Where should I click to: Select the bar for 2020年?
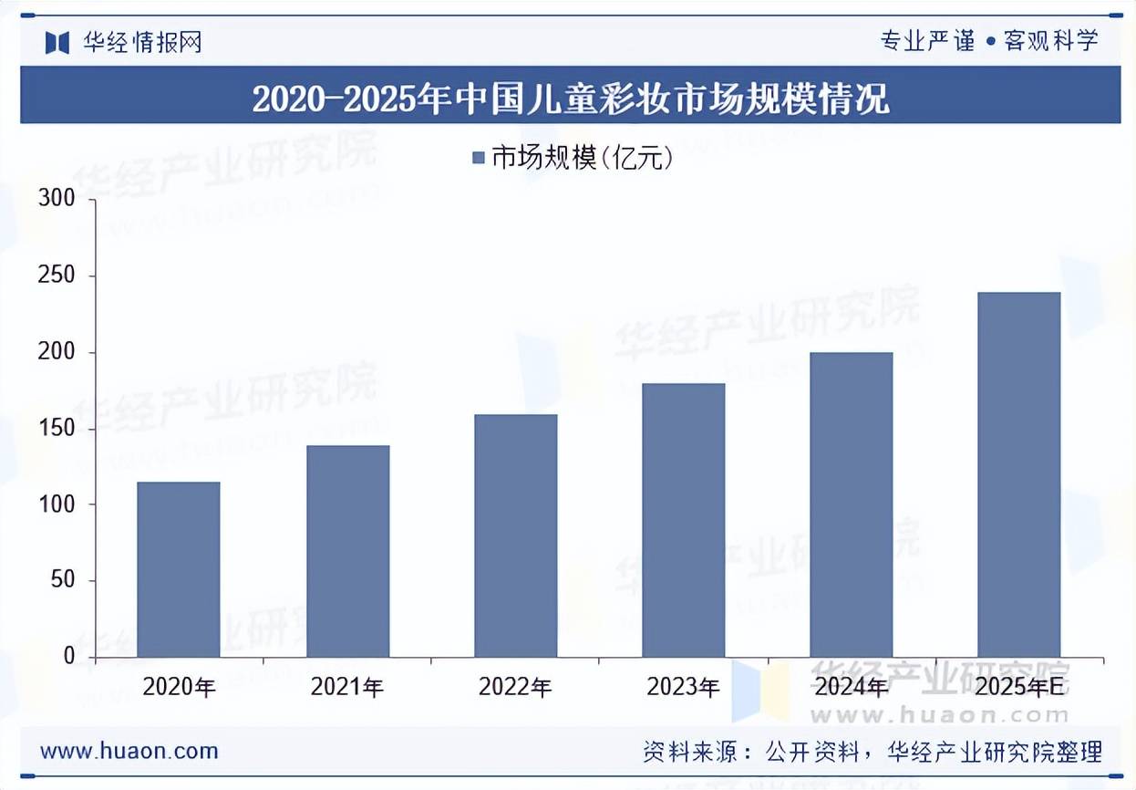point(179,569)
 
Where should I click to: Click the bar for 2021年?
point(347,551)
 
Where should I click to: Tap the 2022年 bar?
point(515,535)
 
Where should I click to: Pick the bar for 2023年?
point(683,520)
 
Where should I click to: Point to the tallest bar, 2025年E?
point(1018,474)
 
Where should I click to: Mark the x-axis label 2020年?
point(179,687)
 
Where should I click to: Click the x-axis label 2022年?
point(515,687)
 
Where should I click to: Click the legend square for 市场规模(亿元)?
point(479,159)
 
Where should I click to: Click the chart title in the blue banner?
point(570,97)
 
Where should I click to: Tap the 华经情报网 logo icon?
point(57,42)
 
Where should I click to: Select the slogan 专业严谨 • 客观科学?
point(988,41)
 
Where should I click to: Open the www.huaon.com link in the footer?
point(129,751)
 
